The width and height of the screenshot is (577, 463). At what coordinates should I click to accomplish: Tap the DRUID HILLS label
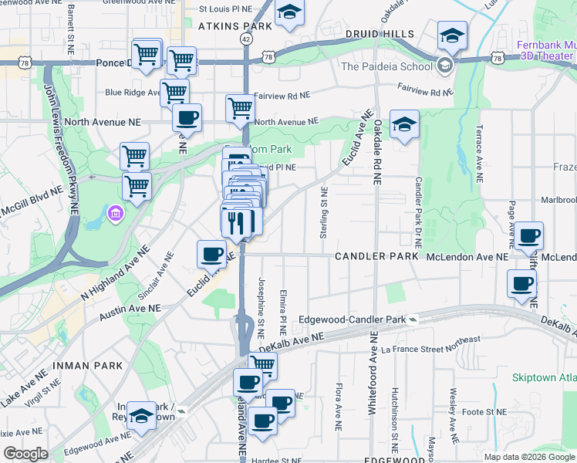[x=380, y=35]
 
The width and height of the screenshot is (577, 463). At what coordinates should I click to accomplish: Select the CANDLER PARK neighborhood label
[x=376, y=255]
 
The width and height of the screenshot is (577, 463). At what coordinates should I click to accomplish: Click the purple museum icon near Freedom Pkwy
[x=114, y=211]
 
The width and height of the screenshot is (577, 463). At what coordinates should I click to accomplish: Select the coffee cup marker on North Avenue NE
[x=187, y=118]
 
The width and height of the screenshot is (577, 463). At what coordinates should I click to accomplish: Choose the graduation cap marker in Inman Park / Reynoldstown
[x=141, y=416]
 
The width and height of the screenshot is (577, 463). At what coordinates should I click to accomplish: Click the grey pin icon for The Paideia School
[x=445, y=66]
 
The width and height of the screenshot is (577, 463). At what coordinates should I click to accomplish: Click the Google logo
[x=25, y=453]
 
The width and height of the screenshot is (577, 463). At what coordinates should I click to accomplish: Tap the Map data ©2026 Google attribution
[x=528, y=457]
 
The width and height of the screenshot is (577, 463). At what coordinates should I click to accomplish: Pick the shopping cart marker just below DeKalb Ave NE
[x=263, y=366]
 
